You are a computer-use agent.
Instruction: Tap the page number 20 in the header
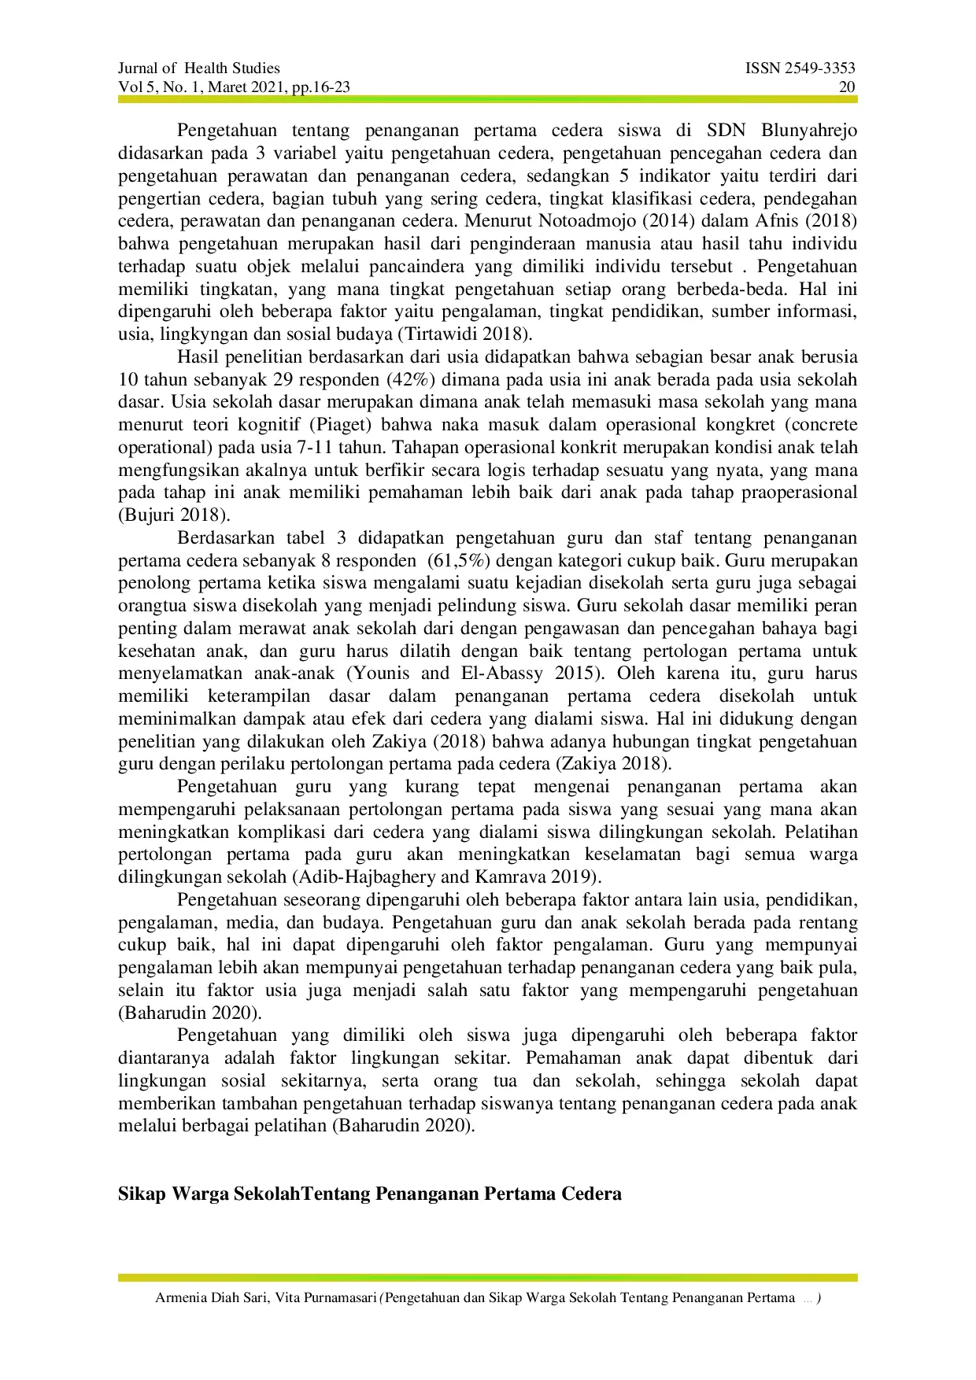(x=847, y=87)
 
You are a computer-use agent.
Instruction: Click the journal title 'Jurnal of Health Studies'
(x=199, y=68)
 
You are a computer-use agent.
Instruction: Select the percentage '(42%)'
(x=410, y=380)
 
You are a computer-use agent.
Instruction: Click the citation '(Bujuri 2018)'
(x=174, y=516)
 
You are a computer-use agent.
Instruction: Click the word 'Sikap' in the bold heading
(x=142, y=1194)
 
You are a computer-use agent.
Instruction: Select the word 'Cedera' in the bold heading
(x=591, y=1194)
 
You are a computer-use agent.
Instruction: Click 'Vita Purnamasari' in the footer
(x=326, y=1298)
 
